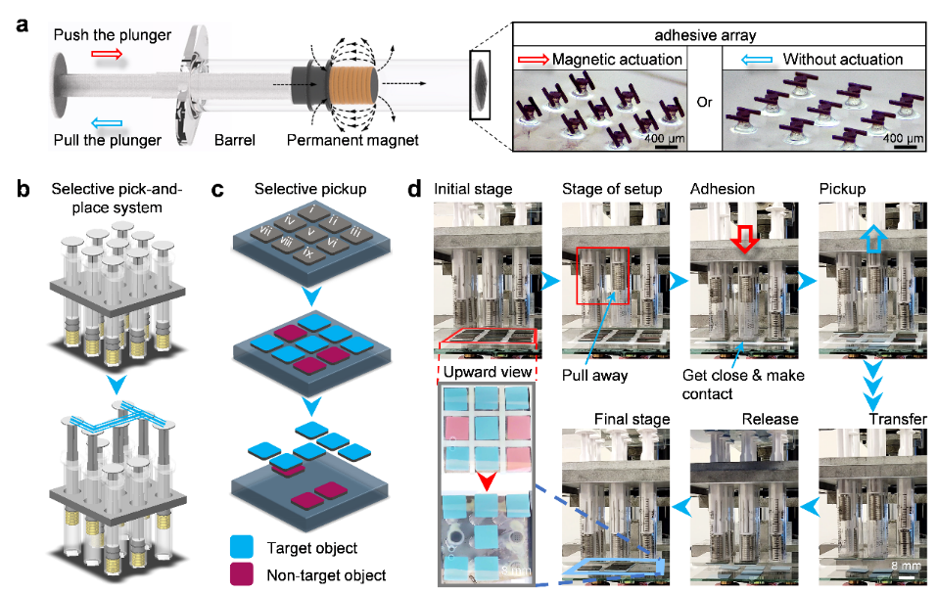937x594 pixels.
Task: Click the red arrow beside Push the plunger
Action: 108,57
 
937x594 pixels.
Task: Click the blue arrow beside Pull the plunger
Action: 108,119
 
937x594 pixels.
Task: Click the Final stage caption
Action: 632,419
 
